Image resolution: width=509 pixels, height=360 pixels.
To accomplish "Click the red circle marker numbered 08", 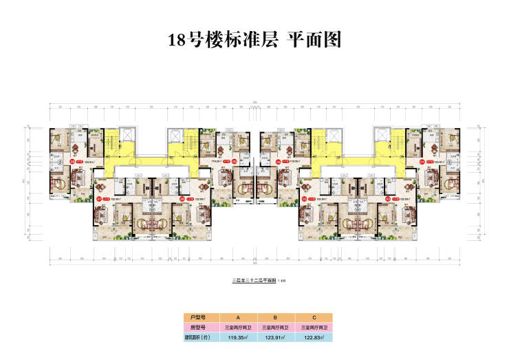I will pyautogui.click(x=72, y=162).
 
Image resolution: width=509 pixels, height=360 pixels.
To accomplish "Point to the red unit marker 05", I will pyautogui.click(x=235, y=162).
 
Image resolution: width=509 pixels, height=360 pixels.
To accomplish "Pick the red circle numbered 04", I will pyautogui.click(x=278, y=162).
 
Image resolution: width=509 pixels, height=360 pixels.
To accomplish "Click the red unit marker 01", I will pyautogui.click(x=422, y=162).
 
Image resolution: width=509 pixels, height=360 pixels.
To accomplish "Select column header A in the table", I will pyautogui.click(x=238, y=317).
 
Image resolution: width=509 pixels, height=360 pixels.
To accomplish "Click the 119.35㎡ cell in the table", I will pyautogui.click(x=238, y=337).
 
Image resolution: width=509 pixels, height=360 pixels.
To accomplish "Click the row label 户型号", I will pyautogui.click(x=199, y=317).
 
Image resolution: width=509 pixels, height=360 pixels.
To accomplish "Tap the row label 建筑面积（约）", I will pyautogui.click(x=199, y=337).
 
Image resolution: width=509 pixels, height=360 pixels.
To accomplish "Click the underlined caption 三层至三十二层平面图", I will pyautogui.click(x=251, y=282).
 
